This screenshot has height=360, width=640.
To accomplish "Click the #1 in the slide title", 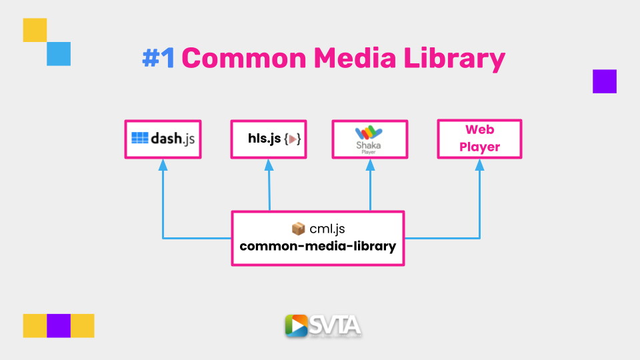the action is pyautogui.click(x=159, y=58).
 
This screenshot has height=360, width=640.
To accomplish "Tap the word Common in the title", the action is pyautogui.click(x=244, y=58).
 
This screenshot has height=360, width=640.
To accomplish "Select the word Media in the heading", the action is pyautogui.click(x=355, y=58).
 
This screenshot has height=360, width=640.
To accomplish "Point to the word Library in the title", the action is pyautogui.click(x=454, y=59).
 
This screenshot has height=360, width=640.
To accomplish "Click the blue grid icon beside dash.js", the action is pyautogui.click(x=139, y=138).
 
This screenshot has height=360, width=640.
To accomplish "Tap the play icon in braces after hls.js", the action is pyautogui.click(x=292, y=139).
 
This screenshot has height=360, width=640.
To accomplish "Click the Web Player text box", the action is pyautogui.click(x=479, y=139).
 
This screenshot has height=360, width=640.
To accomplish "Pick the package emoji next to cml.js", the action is pyautogui.click(x=299, y=229).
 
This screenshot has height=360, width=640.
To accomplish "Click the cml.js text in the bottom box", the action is pyautogui.click(x=327, y=229).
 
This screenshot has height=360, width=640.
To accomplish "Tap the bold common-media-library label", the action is pyautogui.click(x=317, y=247).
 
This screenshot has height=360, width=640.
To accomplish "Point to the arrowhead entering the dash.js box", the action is pyautogui.click(x=163, y=165).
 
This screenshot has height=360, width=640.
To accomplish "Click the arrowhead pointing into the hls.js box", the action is pyautogui.click(x=269, y=165).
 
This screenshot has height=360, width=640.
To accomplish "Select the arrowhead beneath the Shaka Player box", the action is pyautogui.click(x=370, y=165).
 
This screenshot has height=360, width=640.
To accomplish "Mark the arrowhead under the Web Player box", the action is pyautogui.click(x=479, y=165).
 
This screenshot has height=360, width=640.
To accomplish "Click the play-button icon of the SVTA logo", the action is pyautogui.click(x=296, y=326).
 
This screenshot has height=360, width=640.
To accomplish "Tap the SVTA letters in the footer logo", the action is pyautogui.click(x=335, y=325).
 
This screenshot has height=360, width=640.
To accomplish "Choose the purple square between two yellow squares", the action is pyautogui.click(x=59, y=326).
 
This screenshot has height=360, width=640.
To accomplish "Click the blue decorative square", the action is pyautogui.click(x=59, y=54).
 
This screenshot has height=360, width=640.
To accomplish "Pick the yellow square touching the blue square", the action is pyautogui.click(x=35, y=30).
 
